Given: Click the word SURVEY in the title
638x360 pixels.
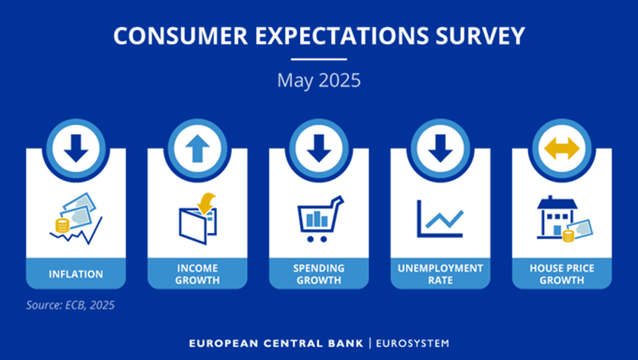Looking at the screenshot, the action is click(x=480, y=35).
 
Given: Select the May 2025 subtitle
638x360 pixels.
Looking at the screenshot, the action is click(x=319, y=80).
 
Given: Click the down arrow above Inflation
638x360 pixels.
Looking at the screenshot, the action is click(x=76, y=148).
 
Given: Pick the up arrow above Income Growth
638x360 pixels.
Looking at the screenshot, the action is click(x=197, y=148).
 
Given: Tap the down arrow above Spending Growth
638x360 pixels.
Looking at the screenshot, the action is click(x=319, y=148).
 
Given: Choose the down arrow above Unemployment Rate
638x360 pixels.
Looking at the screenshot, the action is click(x=440, y=148).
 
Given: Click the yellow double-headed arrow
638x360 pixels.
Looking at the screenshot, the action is click(x=562, y=148).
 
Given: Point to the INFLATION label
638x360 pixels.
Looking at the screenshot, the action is click(x=76, y=274).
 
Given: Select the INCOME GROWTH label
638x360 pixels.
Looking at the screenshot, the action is click(x=197, y=274).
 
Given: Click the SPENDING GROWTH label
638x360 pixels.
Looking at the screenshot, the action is click(x=319, y=274).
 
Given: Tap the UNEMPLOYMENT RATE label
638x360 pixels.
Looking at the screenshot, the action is click(x=440, y=274).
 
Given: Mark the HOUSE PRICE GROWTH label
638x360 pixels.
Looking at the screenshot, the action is click(x=562, y=274).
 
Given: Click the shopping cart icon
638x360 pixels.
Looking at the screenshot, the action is click(x=320, y=219).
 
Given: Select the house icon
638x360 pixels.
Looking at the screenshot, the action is click(x=557, y=217).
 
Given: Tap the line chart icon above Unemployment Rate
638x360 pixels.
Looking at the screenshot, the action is click(x=440, y=218).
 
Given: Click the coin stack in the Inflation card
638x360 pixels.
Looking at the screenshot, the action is click(x=62, y=226).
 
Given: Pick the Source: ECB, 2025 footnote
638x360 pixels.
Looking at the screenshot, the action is click(x=70, y=305).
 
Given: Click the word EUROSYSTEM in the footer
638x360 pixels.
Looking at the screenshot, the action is click(x=413, y=343).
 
